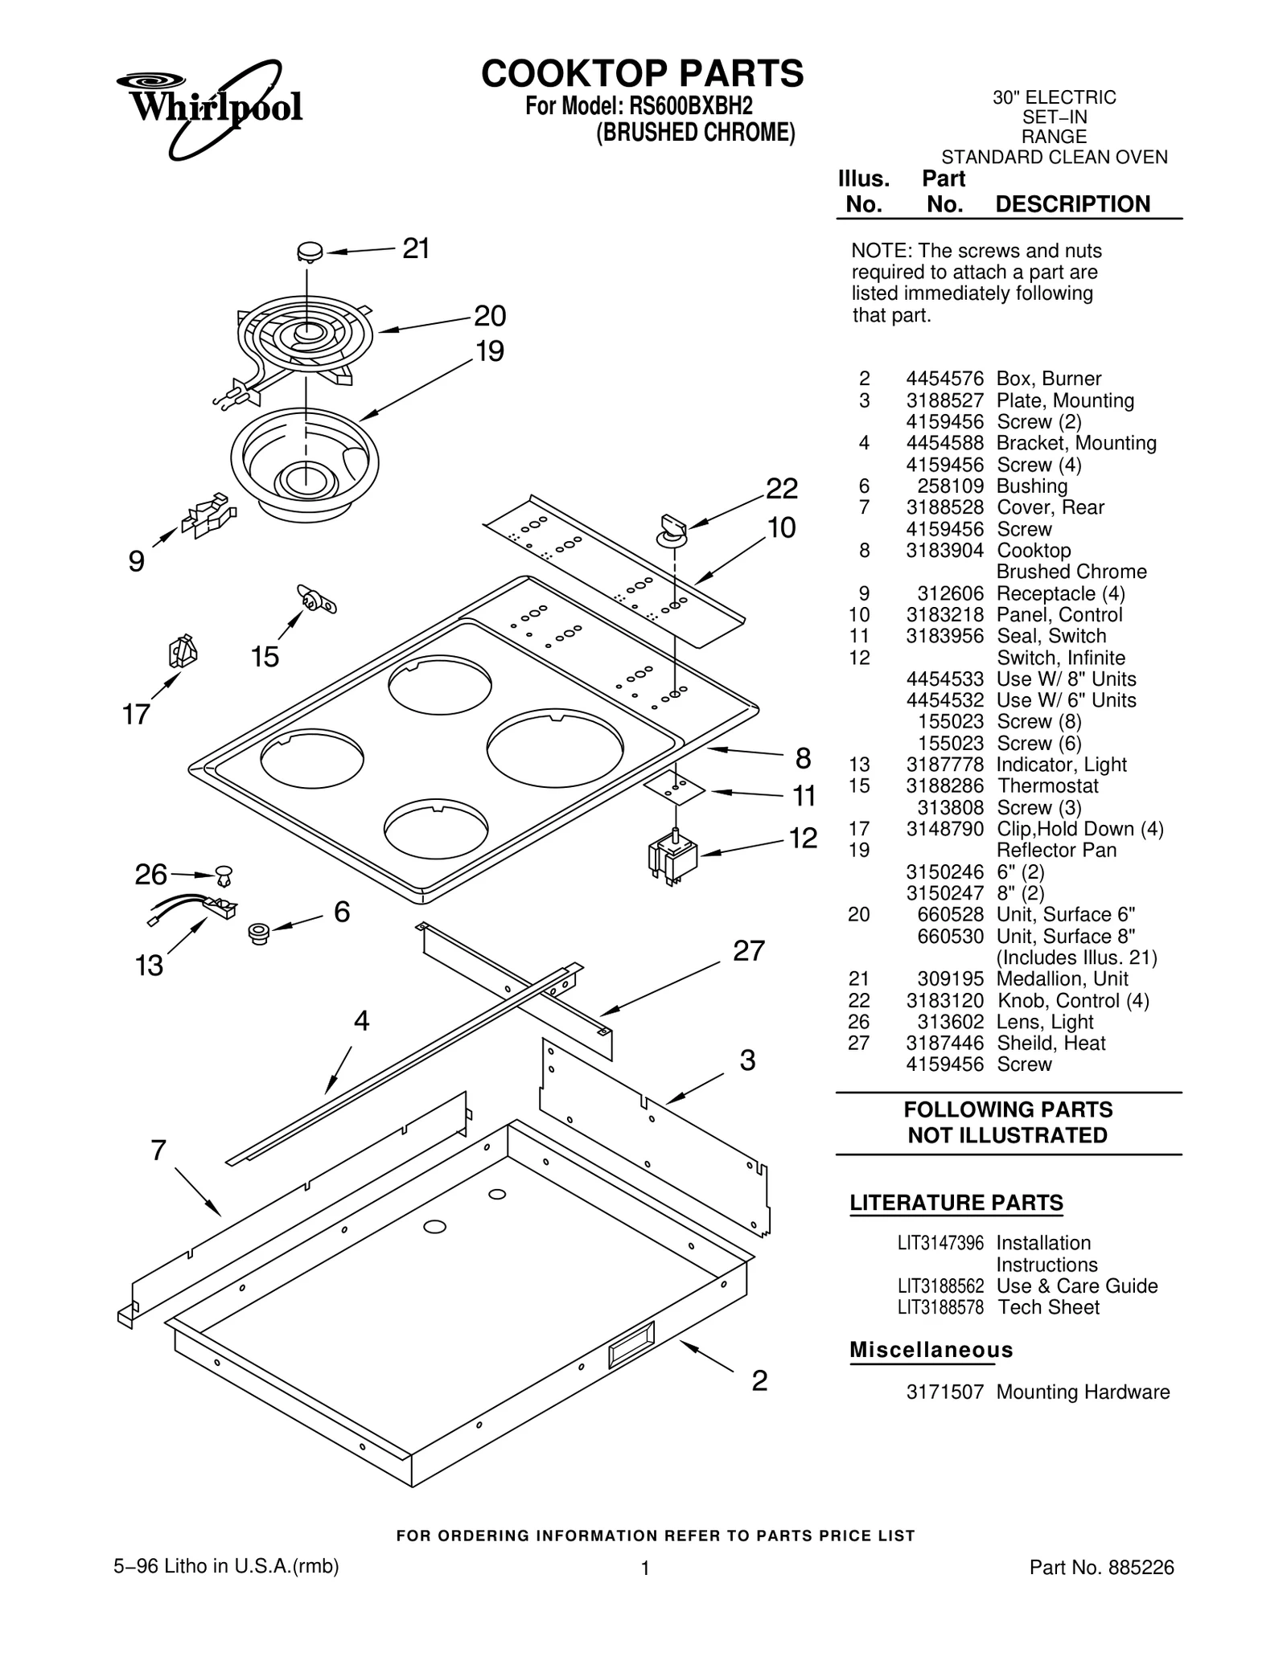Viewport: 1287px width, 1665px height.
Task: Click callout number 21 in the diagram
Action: [416, 249]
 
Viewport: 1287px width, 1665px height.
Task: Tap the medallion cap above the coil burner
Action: [309, 252]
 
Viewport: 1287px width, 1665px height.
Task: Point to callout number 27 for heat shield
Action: [748, 951]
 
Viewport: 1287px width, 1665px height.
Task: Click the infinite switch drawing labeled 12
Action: [672, 859]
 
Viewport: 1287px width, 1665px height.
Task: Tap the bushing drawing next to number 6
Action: [259, 933]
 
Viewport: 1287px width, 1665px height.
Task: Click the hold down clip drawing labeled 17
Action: [183, 652]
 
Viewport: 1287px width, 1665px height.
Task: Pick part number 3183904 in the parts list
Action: [944, 551]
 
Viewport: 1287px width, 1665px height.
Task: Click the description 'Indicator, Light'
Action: [1061, 765]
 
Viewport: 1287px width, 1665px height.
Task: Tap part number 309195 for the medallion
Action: [950, 979]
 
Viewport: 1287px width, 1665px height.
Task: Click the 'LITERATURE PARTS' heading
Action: [956, 1203]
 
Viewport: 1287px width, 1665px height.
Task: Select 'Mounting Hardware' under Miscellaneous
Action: [1083, 1392]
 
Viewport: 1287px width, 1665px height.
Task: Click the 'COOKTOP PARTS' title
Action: [642, 74]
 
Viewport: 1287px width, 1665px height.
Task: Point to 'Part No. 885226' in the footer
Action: [1101, 1568]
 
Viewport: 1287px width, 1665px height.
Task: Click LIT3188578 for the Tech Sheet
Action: [940, 1307]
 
